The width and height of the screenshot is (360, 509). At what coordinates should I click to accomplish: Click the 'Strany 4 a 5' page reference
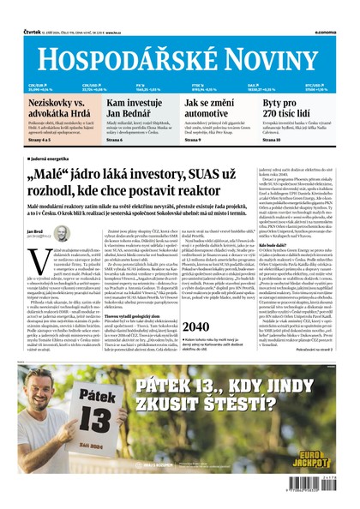pyautogui.click(x=42, y=140)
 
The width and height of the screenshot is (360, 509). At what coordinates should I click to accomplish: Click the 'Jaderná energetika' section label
pyautogui.click(x=52, y=159)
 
